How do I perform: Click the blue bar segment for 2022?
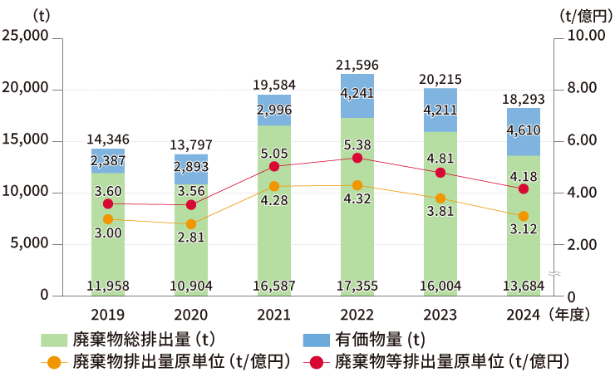(x=357, y=95)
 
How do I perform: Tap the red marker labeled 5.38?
(x=357, y=158)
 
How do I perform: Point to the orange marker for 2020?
(x=191, y=224)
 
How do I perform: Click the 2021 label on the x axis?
(x=273, y=314)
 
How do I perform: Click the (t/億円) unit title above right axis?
(x=583, y=15)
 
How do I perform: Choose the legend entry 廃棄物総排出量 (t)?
(x=133, y=340)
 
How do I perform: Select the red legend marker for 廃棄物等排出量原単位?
(x=317, y=362)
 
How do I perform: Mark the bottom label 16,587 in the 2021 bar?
(x=273, y=286)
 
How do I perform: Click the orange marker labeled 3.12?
(x=524, y=216)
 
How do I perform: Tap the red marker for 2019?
(x=107, y=203)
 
